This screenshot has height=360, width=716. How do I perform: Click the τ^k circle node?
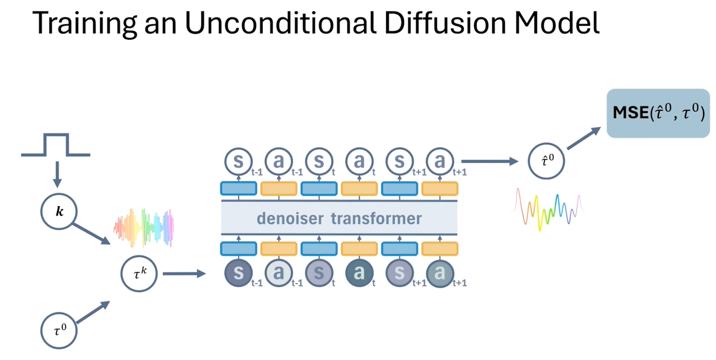139,274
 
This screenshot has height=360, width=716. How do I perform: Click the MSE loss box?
658,113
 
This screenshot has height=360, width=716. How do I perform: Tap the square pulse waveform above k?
56,145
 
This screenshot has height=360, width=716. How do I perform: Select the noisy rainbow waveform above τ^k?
144,228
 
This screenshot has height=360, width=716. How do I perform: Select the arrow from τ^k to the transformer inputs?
184,274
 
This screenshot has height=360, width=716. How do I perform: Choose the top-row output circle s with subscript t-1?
239,162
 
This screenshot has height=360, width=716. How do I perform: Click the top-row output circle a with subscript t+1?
440,162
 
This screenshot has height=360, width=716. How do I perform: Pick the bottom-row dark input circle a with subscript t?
360,274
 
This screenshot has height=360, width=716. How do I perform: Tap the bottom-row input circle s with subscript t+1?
400,274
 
